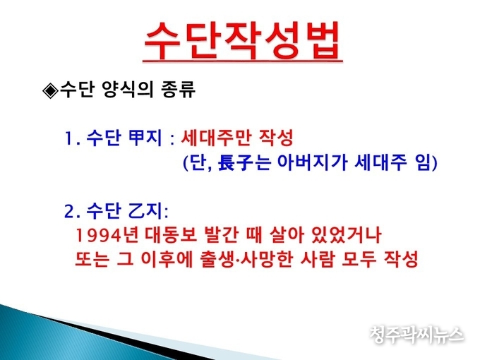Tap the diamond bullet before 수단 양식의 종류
point(51,90)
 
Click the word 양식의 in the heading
point(128,90)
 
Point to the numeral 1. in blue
point(72,139)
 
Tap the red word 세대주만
point(214,138)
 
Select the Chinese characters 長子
point(236,162)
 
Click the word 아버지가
point(312,162)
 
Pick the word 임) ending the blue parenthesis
point(427,162)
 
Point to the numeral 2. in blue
point(73,212)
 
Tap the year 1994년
point(107,235)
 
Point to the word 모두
point(357,259)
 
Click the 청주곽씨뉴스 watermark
point(416,335)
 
